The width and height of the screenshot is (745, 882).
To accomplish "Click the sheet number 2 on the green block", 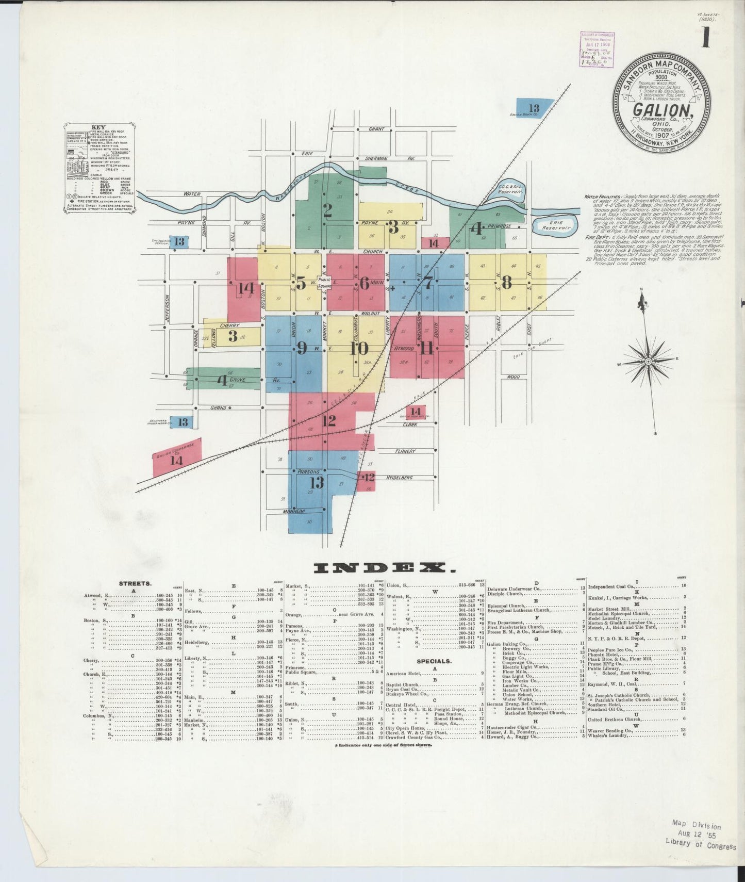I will coord(327,210).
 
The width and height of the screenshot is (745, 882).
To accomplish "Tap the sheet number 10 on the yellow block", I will coord(359,349).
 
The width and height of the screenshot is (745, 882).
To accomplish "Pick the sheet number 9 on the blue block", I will coord(302,349).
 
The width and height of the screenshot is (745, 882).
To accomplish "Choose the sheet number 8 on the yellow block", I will coord(507,283).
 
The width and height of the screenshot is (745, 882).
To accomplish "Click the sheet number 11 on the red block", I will coord(426,349).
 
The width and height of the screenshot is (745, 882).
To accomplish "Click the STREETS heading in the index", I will coord(135,584).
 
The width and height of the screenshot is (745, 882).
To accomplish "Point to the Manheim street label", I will coord(294,511).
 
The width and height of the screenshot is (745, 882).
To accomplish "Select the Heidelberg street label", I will coord(399,478).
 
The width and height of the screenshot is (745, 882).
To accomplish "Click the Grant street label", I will coord(376,129).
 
